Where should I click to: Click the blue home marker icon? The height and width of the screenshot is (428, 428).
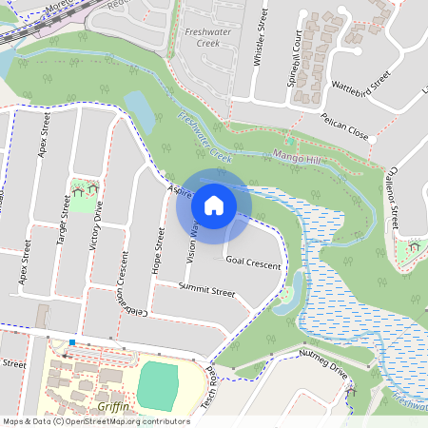pos(213,205)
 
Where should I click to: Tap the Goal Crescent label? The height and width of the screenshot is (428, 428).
pos(254,262)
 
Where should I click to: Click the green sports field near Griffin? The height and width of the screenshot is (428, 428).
pos(158,382)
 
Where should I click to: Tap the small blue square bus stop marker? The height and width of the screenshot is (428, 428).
pos(72,342)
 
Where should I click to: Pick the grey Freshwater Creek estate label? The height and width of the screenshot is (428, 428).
pos(201,37)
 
